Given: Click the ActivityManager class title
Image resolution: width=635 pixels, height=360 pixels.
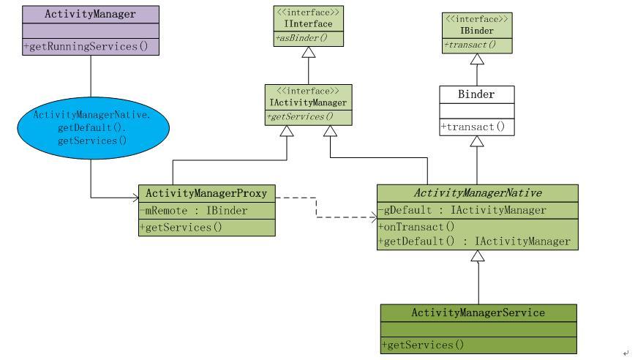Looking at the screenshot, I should tap(90, 14).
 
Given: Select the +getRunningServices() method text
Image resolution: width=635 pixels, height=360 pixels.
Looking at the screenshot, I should tap(90, 47).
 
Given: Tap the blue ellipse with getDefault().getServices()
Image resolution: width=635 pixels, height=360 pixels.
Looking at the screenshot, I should tap(91, 127).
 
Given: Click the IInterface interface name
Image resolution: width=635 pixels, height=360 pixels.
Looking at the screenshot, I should tap(308, 24).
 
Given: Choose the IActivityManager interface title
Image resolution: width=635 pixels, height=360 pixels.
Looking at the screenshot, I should tap(308, 102).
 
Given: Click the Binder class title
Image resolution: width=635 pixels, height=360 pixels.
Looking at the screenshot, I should tap(476, 94).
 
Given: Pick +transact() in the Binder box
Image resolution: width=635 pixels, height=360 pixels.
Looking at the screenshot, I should tap(473, 127).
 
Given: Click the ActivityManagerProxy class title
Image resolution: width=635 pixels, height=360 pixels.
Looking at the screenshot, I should tap(206, 194).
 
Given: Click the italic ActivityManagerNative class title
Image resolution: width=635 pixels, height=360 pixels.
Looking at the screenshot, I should tap(478, 194).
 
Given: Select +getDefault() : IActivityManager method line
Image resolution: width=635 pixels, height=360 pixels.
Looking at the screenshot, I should tap(474, 241).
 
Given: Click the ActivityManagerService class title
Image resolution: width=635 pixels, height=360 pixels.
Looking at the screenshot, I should tap(478, 313).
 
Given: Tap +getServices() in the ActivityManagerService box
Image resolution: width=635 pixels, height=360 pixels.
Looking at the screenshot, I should tap(423, 345).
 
